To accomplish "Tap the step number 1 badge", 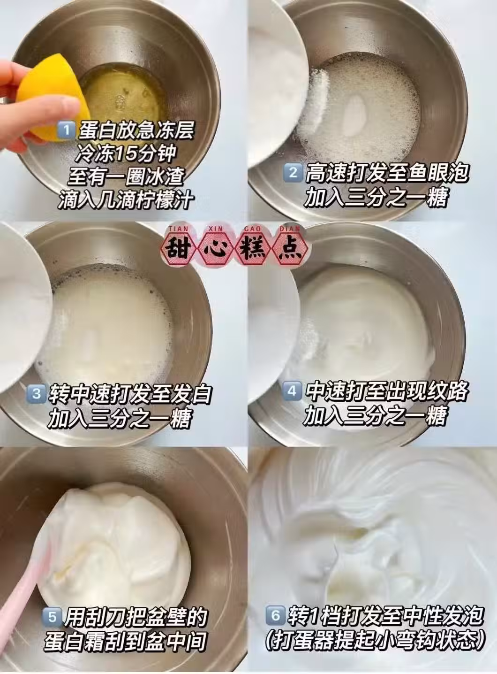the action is click(x=66, y=130).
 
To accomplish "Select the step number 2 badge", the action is click(x=293, y=173).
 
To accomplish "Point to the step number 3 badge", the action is click(x=37, y=394).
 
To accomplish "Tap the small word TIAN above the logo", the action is click(x=179, y=229).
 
